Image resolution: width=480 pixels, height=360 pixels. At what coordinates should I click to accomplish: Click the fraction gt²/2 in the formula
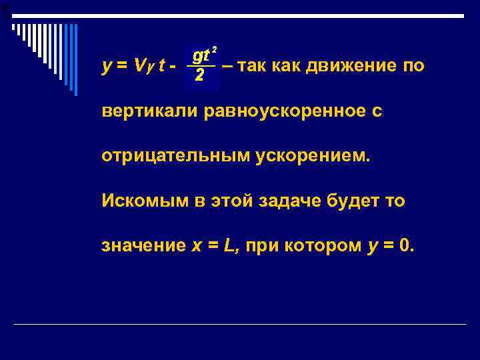201,65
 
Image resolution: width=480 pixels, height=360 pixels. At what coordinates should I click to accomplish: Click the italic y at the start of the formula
107,67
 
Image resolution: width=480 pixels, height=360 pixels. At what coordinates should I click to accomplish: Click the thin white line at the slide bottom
240,324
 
